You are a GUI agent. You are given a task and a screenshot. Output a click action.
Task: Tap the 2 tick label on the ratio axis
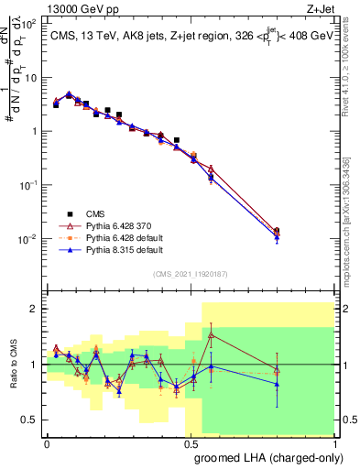pyautogui.click(x=34, y=309)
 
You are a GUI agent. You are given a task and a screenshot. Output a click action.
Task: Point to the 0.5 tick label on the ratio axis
pyautogui.click(x=29, y=420)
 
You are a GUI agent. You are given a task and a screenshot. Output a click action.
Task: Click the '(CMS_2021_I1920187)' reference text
pyautogui.click(x=190, y=273)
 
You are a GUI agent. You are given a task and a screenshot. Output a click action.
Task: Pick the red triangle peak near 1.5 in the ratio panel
pyautogui.click(x=212, y=335)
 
